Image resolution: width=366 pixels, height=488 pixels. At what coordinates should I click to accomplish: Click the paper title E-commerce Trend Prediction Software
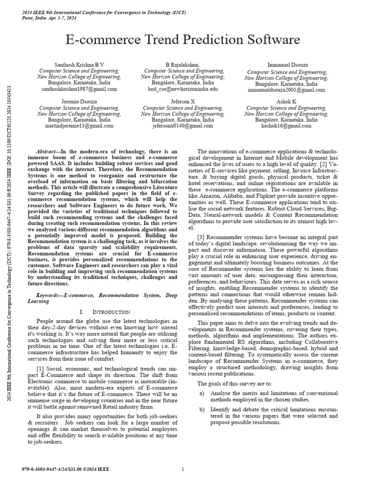[x=183, y=40]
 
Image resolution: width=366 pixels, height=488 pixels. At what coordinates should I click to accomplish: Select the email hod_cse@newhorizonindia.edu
[x=183, y=89]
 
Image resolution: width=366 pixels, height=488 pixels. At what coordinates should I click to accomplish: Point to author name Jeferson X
[x=183, y=102]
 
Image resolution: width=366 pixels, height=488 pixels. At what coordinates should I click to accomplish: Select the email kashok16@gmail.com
[x=286, y=126]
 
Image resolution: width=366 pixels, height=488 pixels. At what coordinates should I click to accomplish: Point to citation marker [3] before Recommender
[x=202, y=250]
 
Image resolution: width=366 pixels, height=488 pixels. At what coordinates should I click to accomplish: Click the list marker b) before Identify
[x=202, y=409]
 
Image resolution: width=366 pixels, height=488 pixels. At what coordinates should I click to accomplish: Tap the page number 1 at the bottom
[x=183, y=469]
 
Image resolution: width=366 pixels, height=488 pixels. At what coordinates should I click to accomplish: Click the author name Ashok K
[x=286, y=102]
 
